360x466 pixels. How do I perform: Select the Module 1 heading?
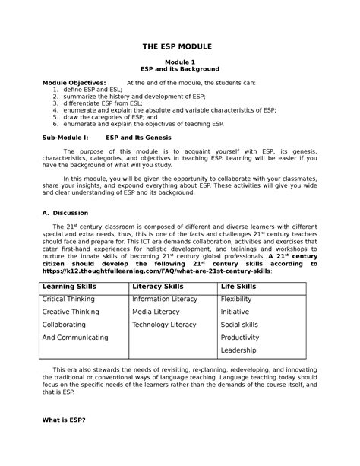(180, 61)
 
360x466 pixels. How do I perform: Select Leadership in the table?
(238, 350)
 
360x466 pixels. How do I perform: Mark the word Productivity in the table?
(240, 338)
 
